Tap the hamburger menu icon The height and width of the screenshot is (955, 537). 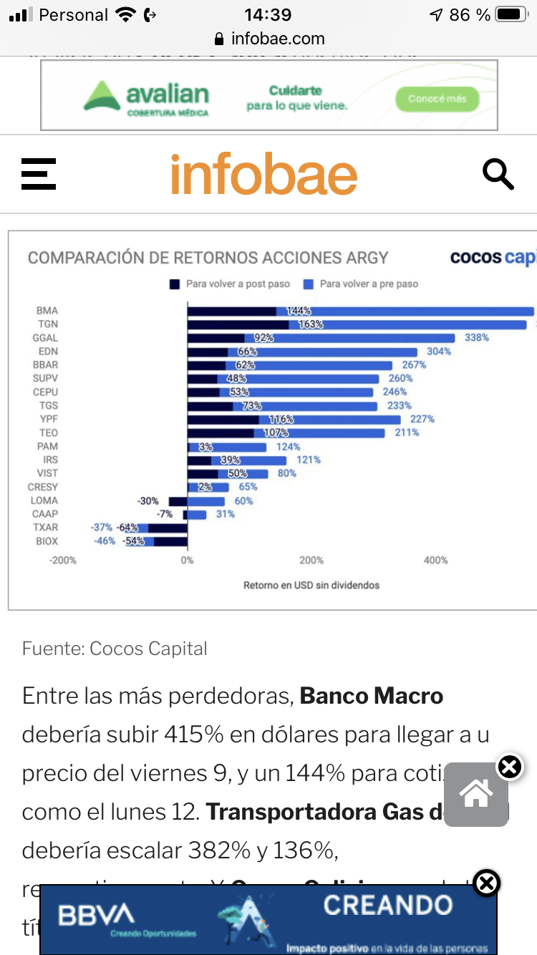tap(39, 174)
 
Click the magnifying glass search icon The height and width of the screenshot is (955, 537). tap(498, 174)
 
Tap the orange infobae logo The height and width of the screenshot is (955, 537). tap(263, 175)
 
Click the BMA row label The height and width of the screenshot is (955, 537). tap(47, 311)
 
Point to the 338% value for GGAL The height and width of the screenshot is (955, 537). tap(477, 338)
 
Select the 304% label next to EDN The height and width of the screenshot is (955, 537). tap(439, 352)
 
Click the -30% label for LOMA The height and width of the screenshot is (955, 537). tap(148, 501)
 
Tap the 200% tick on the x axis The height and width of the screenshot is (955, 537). tap(311, 560)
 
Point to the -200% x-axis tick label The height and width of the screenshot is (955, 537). tap(63, 560)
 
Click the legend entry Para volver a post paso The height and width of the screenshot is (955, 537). tap(230, 284)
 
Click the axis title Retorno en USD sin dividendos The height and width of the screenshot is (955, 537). tap(311, 585)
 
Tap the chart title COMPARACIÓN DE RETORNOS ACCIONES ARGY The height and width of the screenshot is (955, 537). tap(208, 258)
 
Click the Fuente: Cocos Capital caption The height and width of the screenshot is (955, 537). tap(115, 649)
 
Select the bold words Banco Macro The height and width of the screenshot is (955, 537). tap(372, 696)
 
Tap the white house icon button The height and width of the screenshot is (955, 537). tap(476, 793)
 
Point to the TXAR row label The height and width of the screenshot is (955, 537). tap(46, 528)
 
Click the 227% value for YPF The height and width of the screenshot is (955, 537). tap(422, 420)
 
